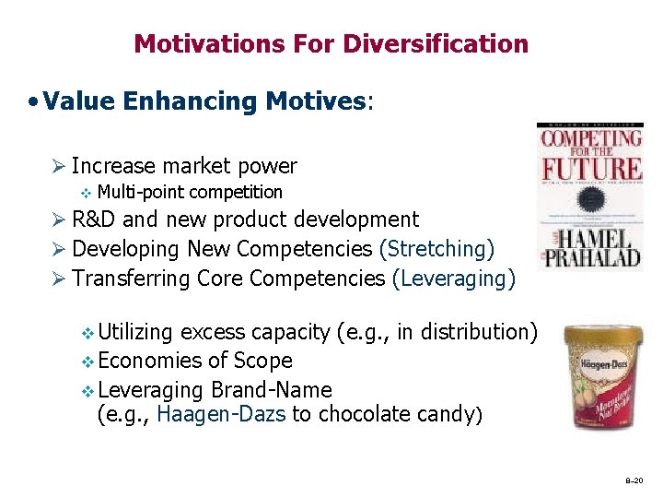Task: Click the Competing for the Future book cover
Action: pos(589,196)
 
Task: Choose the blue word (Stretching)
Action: pos(436,249)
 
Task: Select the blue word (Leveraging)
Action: pos(454,278)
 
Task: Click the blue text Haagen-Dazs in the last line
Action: pos(221,414)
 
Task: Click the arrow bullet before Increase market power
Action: pos(57,167)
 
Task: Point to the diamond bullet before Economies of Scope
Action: pos(87,362)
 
